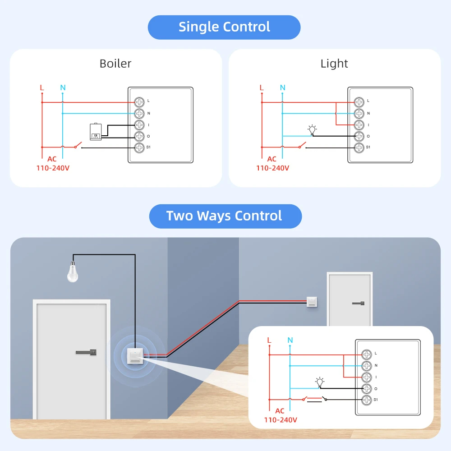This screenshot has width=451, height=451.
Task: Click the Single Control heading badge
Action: click(224, 27)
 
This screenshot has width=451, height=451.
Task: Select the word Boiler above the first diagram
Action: click(115, 64)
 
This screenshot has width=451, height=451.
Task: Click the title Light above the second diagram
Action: click(334, 64)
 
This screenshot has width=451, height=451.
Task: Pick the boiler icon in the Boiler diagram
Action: click(96, 131)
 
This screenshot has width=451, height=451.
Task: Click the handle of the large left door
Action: click(86, 352)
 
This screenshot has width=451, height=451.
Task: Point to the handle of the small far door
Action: click(359, 303)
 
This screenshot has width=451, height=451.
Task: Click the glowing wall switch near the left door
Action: click(134, 355)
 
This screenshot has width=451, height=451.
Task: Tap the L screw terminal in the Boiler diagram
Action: click(139, 102)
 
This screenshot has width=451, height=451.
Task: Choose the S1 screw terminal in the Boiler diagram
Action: click(139, 147)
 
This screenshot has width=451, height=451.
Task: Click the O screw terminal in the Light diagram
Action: click(359, 136)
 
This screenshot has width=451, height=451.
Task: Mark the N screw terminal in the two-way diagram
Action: click(367, 365)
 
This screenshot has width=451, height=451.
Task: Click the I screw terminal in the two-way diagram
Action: click(367, 377)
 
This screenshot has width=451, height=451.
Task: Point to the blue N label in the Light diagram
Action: click(282, 87)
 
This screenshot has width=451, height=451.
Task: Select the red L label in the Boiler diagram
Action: click(42, 87)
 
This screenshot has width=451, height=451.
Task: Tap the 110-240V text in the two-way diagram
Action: click(281, 419)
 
